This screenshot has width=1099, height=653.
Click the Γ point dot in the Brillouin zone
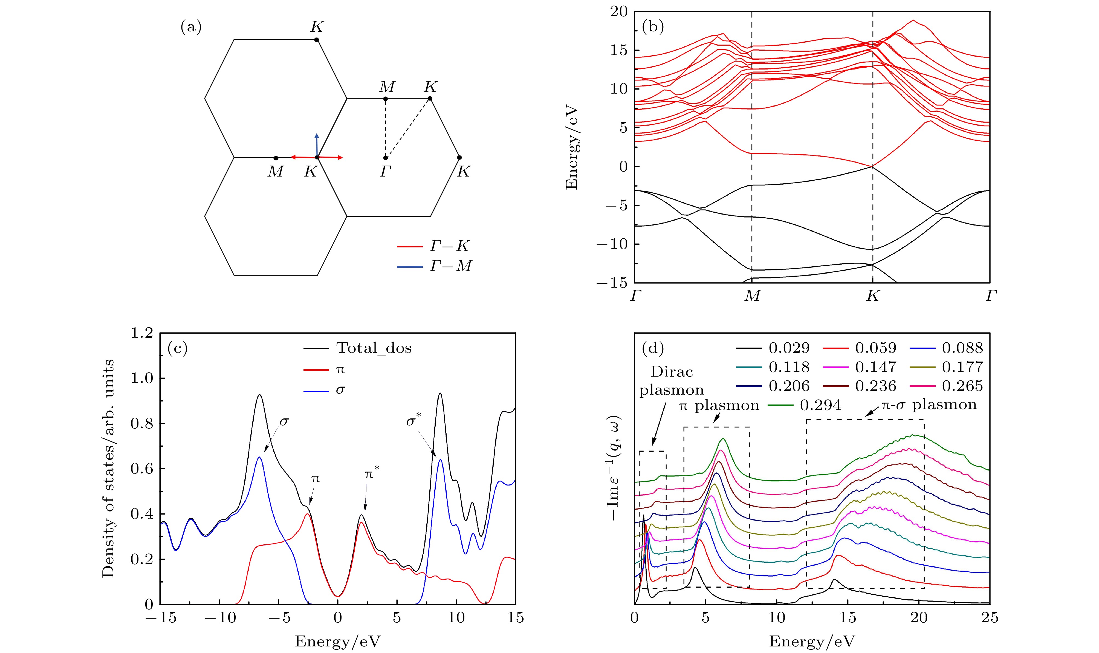[x=385, y=158]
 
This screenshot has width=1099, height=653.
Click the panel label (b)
[x=653, y=27]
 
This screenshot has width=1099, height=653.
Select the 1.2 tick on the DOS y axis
[x=142, y=333]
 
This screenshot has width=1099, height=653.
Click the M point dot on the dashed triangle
[x=385, y=99]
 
